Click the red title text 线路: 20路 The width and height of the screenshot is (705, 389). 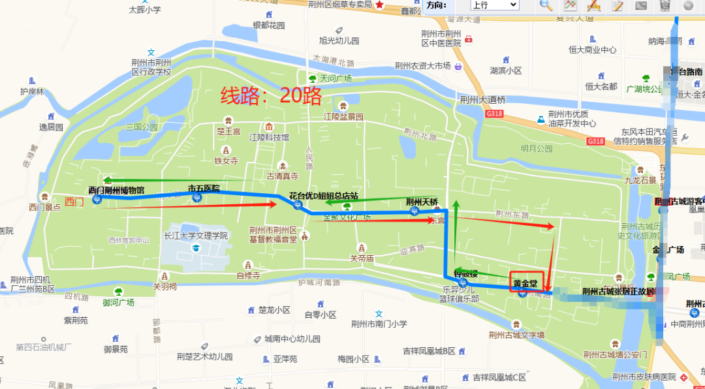point(271,97)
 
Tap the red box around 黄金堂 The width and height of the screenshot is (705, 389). point(527,282)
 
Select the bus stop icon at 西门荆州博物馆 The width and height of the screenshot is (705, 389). point(97,200)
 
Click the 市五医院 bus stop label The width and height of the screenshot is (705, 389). point(204,189)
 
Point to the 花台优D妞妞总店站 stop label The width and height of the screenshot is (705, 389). point(324,196)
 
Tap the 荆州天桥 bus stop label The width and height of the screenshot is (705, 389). point(422,202)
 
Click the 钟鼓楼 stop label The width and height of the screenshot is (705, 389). point(466,274)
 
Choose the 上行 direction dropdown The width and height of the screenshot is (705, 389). point(494,5)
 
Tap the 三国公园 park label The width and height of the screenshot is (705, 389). point(142,127)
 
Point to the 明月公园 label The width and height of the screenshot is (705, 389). point(537,148)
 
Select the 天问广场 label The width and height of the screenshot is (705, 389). point(336,78)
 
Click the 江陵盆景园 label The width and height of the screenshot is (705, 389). point(343,116)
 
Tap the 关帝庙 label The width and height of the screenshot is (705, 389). point(362,258)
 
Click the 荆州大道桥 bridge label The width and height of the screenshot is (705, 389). point(482,100)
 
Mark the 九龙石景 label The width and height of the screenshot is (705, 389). point(640,180)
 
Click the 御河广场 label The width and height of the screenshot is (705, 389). point(118,302)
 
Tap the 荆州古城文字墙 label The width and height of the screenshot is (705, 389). point(516,335)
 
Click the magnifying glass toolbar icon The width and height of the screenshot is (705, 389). point(546,5)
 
